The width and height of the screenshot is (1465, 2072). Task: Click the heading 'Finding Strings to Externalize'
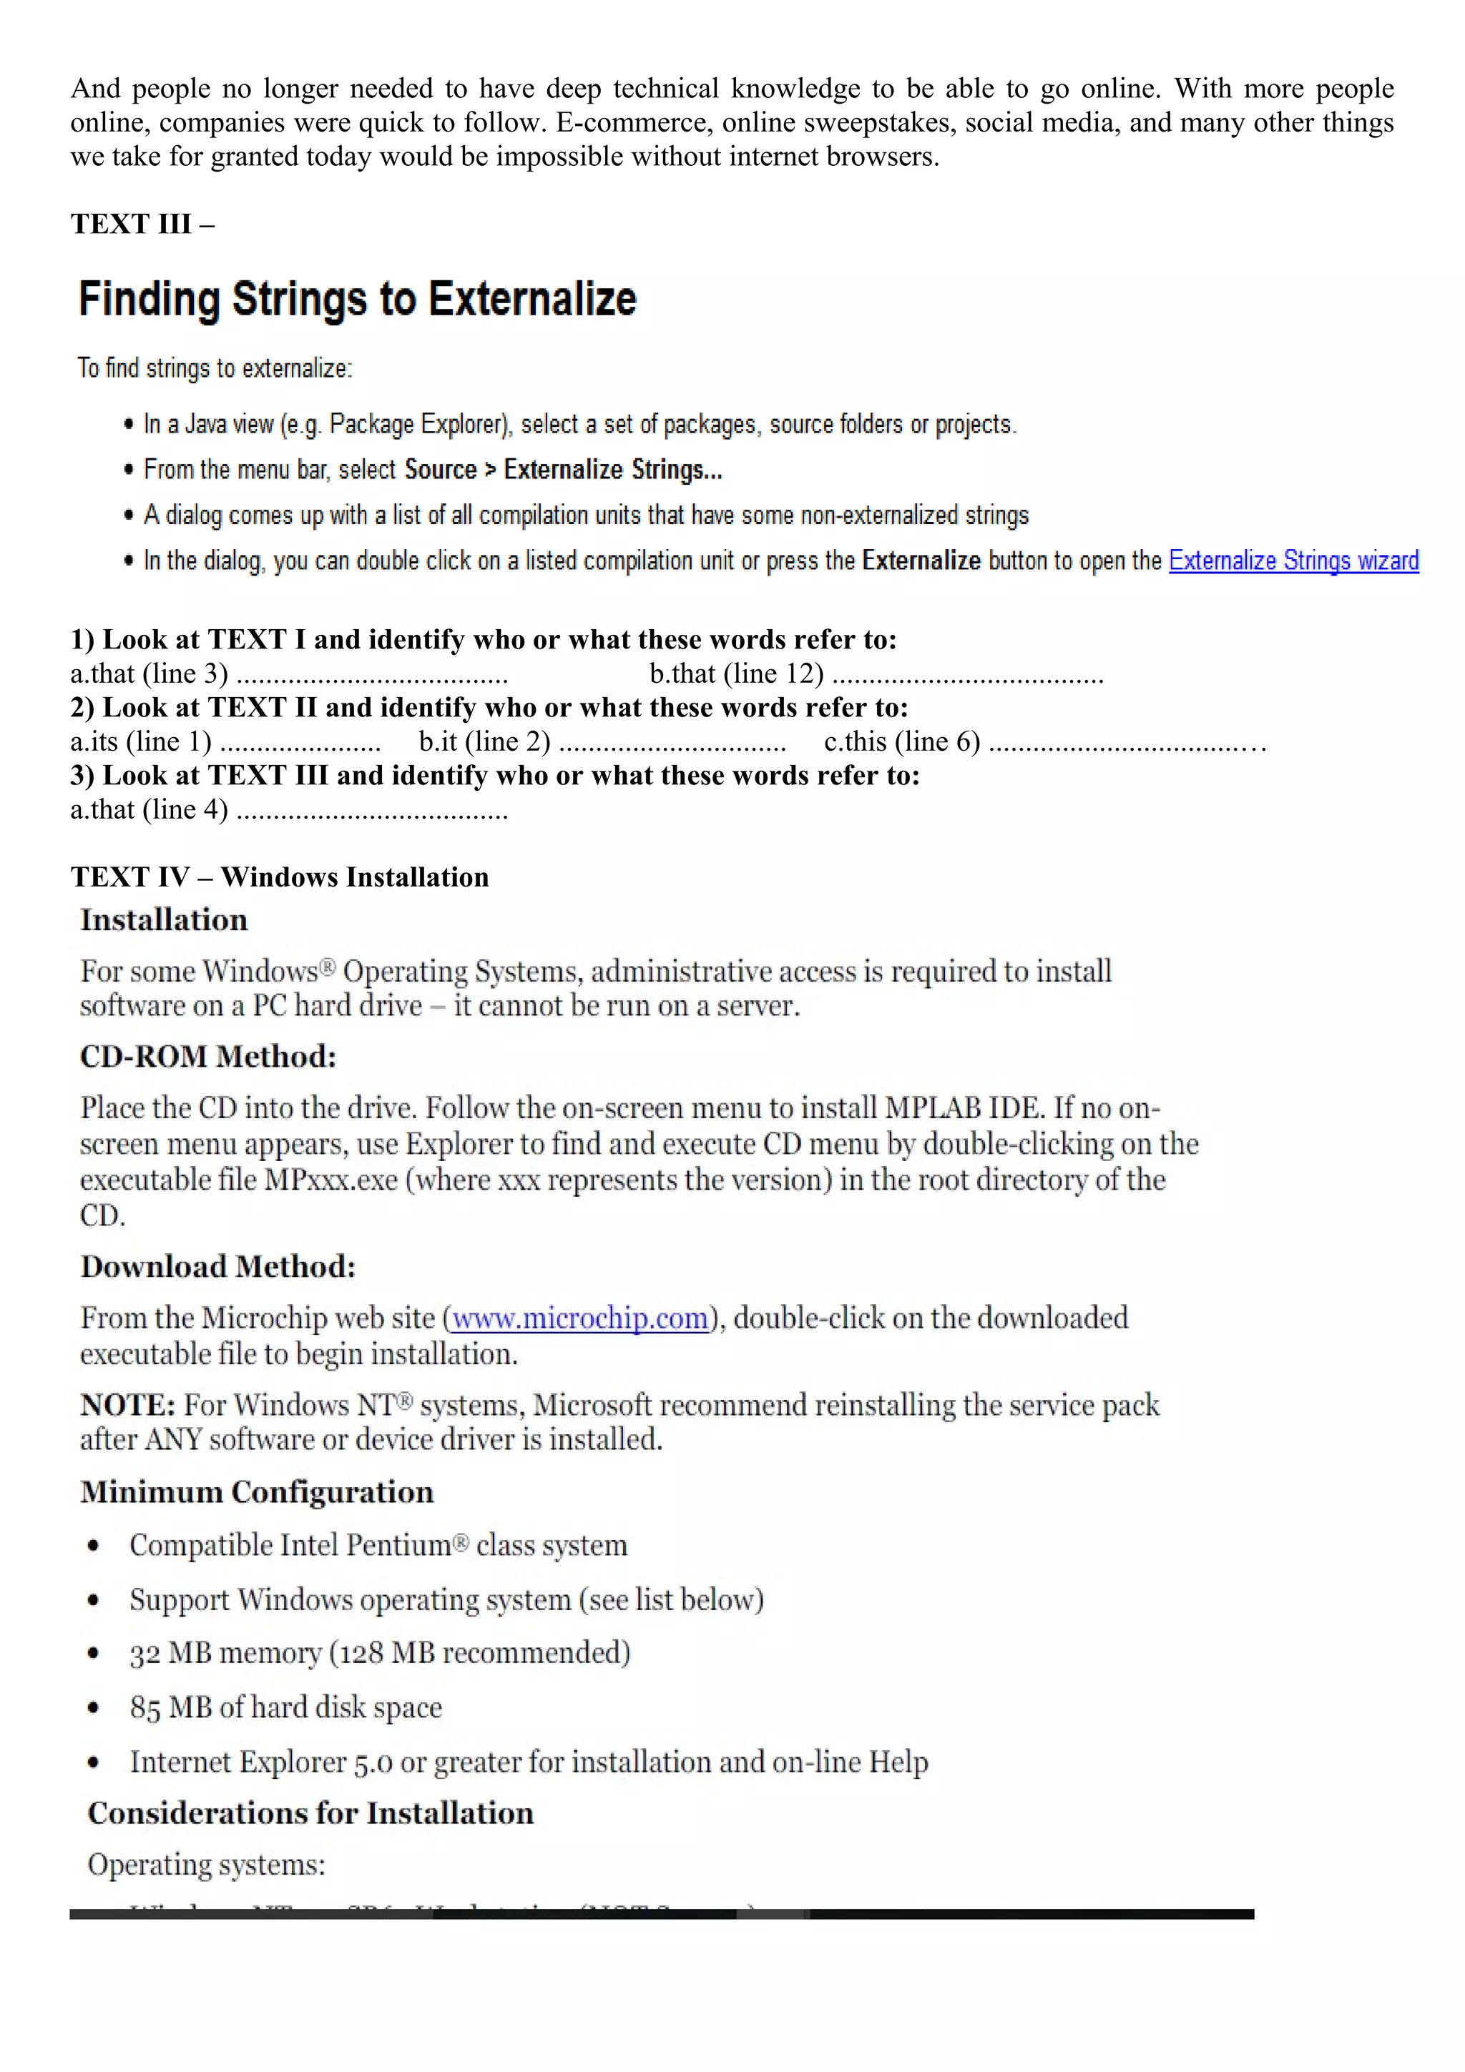click(358, 299)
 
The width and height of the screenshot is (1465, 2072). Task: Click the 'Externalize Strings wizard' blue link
click(1293, 561)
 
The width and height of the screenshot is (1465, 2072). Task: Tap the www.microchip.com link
click(579, 1318)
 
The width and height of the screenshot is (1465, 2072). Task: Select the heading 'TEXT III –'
click(142, 224)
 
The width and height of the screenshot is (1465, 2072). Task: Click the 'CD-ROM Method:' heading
click(207, 1056)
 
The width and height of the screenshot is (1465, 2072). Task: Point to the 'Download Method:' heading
click(217, 1266)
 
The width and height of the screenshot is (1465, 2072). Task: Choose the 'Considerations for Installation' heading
click(310, 1813)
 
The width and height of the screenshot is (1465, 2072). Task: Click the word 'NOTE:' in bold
click(127, 1405)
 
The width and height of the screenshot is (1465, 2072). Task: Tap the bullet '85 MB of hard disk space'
click(285, 1707)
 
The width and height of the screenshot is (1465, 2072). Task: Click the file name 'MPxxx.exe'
click(330, 1180)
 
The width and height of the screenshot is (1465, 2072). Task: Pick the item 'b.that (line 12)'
click(735, 674)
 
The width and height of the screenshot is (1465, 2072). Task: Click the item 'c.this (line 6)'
click(901, 742)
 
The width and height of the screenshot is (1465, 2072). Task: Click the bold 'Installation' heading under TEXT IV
click(163, 919)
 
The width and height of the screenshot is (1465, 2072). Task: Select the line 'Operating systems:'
click(206, 1865)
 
